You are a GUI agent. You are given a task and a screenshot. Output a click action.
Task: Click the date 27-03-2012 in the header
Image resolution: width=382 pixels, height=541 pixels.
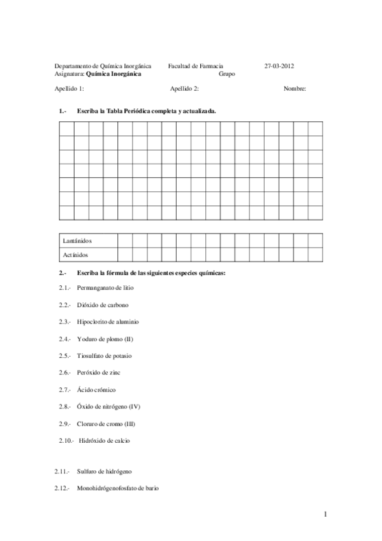click(x=279, y=66)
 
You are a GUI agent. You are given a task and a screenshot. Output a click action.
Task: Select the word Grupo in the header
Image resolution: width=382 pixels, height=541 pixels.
click(x=227, y=73)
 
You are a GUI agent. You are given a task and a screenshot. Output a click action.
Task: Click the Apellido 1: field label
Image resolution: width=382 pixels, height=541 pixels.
click(x=69, y=89)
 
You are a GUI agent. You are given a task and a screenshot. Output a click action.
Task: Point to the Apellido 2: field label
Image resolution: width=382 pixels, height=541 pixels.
click(x=185, y=89)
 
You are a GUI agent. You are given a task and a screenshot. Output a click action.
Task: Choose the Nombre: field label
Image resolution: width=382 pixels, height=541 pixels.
click(x=295, y=89)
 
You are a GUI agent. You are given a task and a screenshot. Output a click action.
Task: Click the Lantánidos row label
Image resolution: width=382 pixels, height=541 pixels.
click(x=78, y=241)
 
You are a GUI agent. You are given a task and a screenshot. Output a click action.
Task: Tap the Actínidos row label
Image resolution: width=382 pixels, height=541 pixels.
click(x=76, y=255)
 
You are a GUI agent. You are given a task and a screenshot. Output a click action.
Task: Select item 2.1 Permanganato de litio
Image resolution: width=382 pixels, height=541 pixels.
click(x=105, y=288)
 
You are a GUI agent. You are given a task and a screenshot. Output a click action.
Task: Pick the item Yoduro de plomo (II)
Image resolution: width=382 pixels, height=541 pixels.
click(x=105, y=339)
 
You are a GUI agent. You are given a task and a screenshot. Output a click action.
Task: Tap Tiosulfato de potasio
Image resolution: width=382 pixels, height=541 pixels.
click(x=104, y=355)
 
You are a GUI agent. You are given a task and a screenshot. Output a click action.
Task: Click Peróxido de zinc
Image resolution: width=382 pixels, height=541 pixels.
click(x=99, y=373)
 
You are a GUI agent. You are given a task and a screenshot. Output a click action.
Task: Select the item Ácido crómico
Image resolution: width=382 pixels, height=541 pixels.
click(x=96, y=389)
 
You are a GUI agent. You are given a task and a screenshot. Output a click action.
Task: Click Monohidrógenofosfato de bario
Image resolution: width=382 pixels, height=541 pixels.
click(x=117, y=488)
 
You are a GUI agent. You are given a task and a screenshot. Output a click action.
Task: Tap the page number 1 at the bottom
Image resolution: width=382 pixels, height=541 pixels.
click(x=325, y=514)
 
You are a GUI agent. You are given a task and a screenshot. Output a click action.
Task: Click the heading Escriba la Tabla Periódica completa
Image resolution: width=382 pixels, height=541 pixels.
click(x=145, y=110)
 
